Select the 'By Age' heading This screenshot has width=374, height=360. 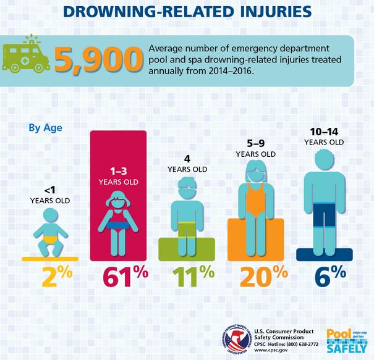coord(45,128)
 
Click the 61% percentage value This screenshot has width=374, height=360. coord(118,279)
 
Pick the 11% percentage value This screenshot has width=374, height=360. coord(186,279)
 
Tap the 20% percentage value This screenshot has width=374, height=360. coord(255,279)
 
